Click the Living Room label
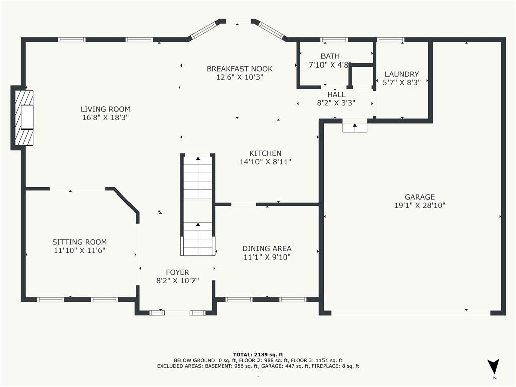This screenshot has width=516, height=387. coord(105,109)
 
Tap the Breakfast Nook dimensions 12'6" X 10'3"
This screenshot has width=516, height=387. coord(239,77)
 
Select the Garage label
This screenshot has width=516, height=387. coord(420,197)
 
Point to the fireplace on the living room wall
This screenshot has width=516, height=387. coord(24,118)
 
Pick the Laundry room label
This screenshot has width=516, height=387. coord(402,74)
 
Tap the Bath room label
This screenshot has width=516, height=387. coord(330,56)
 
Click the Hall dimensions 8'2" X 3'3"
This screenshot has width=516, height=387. coord(336,103)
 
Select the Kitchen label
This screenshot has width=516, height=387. coord(265,153)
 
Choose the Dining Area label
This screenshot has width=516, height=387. coord(267,249)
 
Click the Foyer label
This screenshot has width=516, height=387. coord(177,273)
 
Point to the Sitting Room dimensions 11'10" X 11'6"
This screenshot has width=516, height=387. coord(80,251)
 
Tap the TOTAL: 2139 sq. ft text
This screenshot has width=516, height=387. coord(258,354)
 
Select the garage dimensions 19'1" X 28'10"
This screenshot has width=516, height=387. coord(420,206)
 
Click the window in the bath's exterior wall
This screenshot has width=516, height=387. coord(335,40)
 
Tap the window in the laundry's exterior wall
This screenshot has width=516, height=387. coord(391,40)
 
